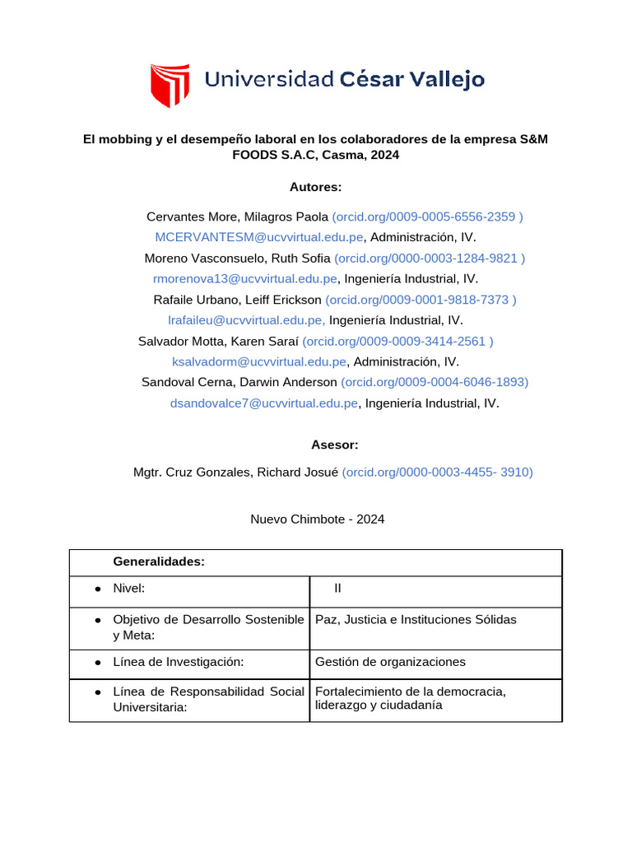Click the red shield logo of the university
(170, 84)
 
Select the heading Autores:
(315, 187)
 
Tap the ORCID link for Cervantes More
(427, 217)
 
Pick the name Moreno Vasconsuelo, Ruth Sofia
(237, 258)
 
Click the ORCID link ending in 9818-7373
(421, 300)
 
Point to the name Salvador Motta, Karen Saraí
(218, 341)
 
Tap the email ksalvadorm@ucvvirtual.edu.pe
(259, 361)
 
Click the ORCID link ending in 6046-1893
(434, 382)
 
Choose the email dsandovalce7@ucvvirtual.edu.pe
(264, 403)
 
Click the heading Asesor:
(334, 445)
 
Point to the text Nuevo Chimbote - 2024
(317, 519)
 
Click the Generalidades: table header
(158, 561)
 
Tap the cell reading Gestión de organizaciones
(390, 662)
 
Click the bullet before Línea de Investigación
(98, 663)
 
